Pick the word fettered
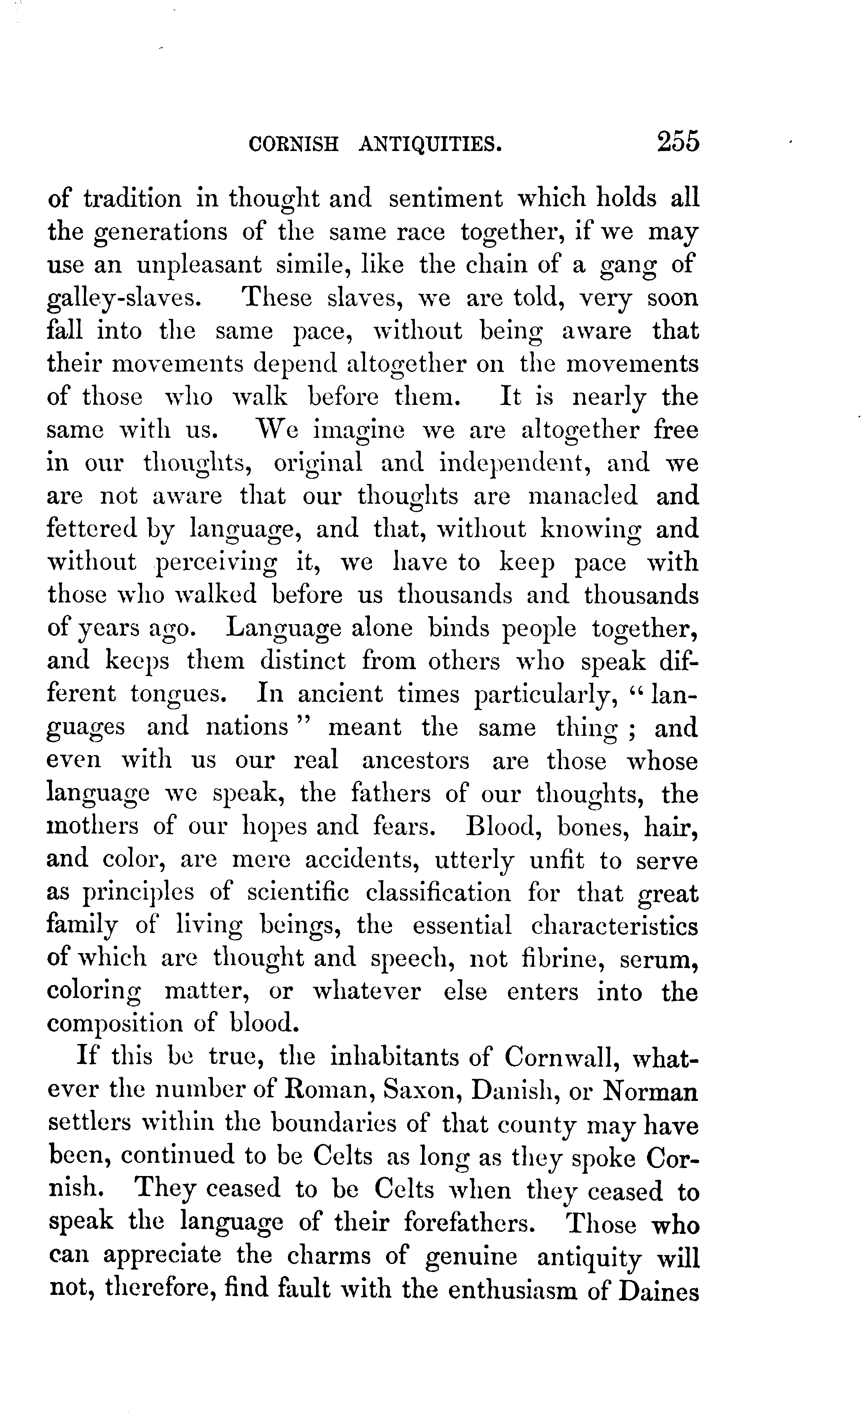click(x=92, y=529)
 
